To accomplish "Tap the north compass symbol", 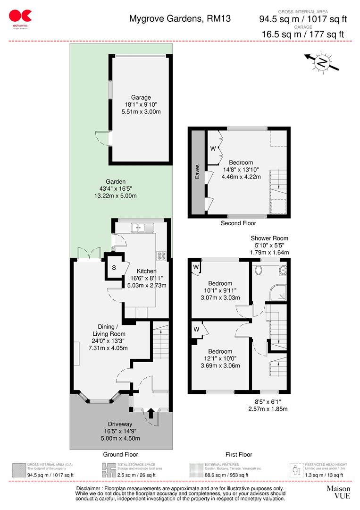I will click(x=322, y=62).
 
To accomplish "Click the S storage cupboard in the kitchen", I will click(x=114, y=268).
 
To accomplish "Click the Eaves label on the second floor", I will click(x=198, y=173).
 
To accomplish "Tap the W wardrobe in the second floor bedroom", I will click(x=212, y=149).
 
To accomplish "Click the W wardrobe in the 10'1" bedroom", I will click(x=195, y=267).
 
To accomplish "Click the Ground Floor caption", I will click(x=120, y=455).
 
